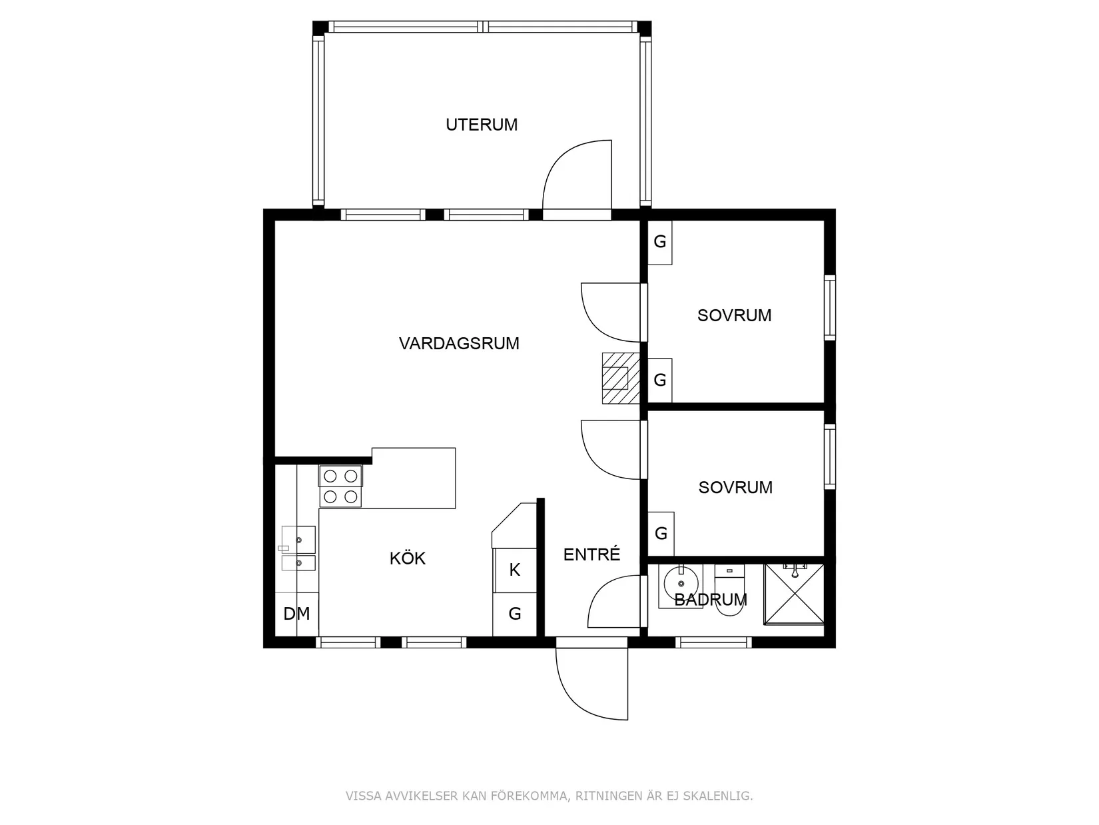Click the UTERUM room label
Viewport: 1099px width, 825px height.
(481, 125)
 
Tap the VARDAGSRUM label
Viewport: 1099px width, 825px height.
(459, 344)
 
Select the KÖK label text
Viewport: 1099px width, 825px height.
(407, 558)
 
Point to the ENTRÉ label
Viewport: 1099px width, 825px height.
(591, 554)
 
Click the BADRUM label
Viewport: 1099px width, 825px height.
(711, 600)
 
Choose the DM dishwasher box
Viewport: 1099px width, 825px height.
(297, 614)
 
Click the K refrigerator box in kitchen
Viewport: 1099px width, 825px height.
(515, 570)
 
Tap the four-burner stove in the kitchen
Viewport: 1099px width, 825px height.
(340, 486)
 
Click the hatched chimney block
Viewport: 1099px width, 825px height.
(621, 379)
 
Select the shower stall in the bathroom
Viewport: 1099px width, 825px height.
(794, 594)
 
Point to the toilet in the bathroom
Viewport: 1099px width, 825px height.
(729, 589)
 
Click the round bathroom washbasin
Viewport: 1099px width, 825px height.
(681, 583)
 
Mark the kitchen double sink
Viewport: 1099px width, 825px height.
(298, 548)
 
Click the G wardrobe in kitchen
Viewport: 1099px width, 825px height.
(515, 614)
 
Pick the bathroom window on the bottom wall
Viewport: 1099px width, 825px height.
(713, 642)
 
